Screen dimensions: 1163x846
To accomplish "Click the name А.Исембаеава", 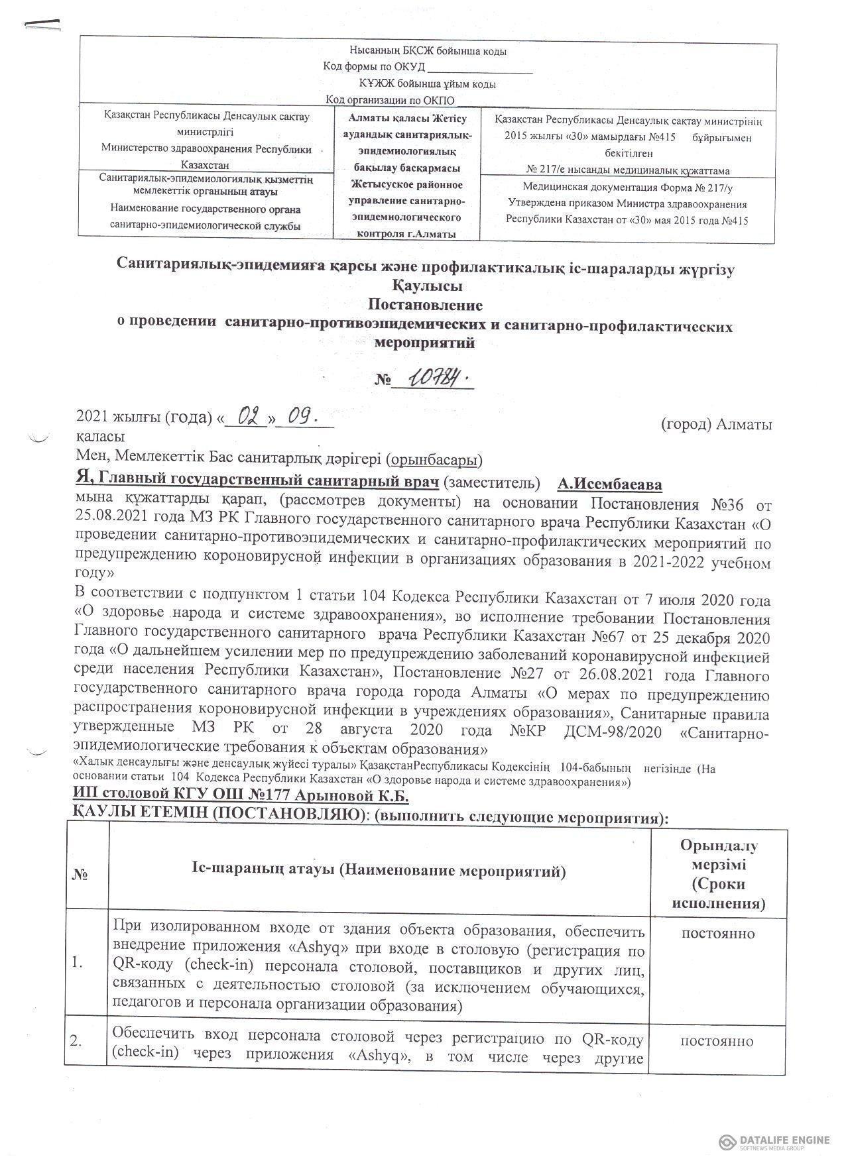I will (610, 484).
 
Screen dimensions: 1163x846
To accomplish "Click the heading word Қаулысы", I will (424, 287).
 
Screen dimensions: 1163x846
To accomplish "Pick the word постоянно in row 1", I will (719, 934).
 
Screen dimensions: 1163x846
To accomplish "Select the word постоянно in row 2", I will (719, 1041).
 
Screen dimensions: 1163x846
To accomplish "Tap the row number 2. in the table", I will (81, 1042).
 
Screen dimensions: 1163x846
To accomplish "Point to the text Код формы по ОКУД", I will (373, 67).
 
